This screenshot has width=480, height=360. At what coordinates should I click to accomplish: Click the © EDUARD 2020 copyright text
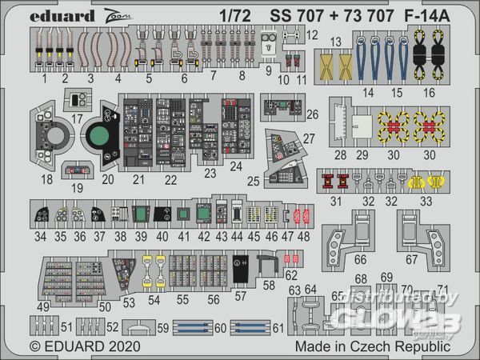tap(86, 348)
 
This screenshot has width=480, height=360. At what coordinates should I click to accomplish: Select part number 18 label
tap(48, 180)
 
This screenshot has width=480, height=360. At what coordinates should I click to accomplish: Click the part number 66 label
tap(361, 260)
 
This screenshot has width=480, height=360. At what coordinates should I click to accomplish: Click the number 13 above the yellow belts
tap(336, 42)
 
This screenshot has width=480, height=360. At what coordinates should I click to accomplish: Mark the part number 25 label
tap(254, 182)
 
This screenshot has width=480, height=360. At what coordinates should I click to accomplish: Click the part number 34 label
tap(41, 238)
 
